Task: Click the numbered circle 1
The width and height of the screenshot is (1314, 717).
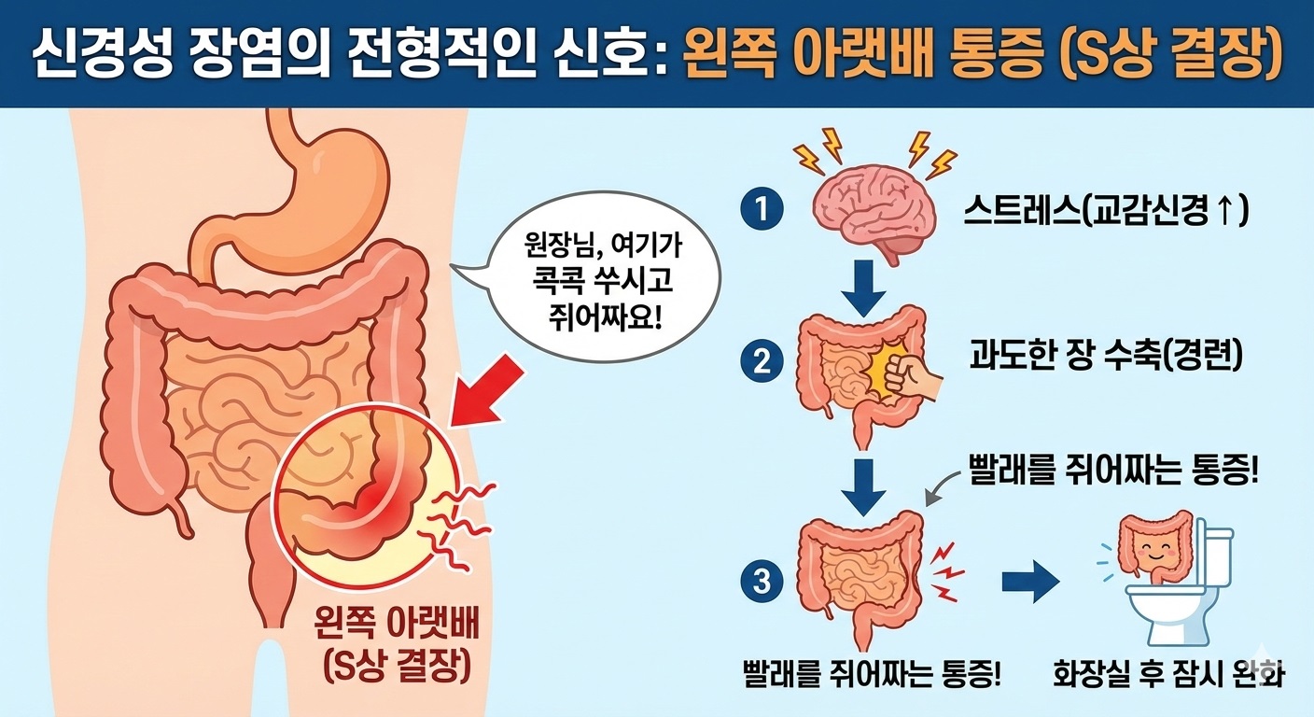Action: (762, 208)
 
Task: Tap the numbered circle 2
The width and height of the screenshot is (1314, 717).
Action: (762, 360)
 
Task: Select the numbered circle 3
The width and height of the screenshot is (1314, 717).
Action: (762, 582)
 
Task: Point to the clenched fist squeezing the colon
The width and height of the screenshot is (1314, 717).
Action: (911, 378)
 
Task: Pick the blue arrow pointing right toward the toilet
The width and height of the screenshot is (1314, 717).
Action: (1030, 582)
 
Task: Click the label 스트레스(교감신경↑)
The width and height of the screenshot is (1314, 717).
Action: (1106, 211)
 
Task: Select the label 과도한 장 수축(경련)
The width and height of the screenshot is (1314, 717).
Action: (1106, 355)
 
